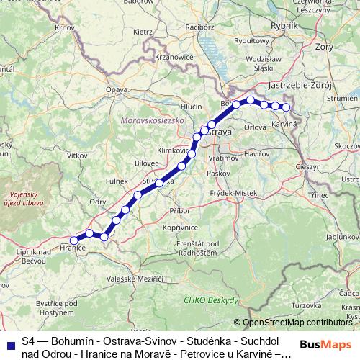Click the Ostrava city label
[x=217, y=132]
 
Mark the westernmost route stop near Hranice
[x=73, y=240]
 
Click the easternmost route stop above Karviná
[x=286, y=107]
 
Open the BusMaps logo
[x=326, y=344]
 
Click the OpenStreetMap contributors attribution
[x=297, y=323]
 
